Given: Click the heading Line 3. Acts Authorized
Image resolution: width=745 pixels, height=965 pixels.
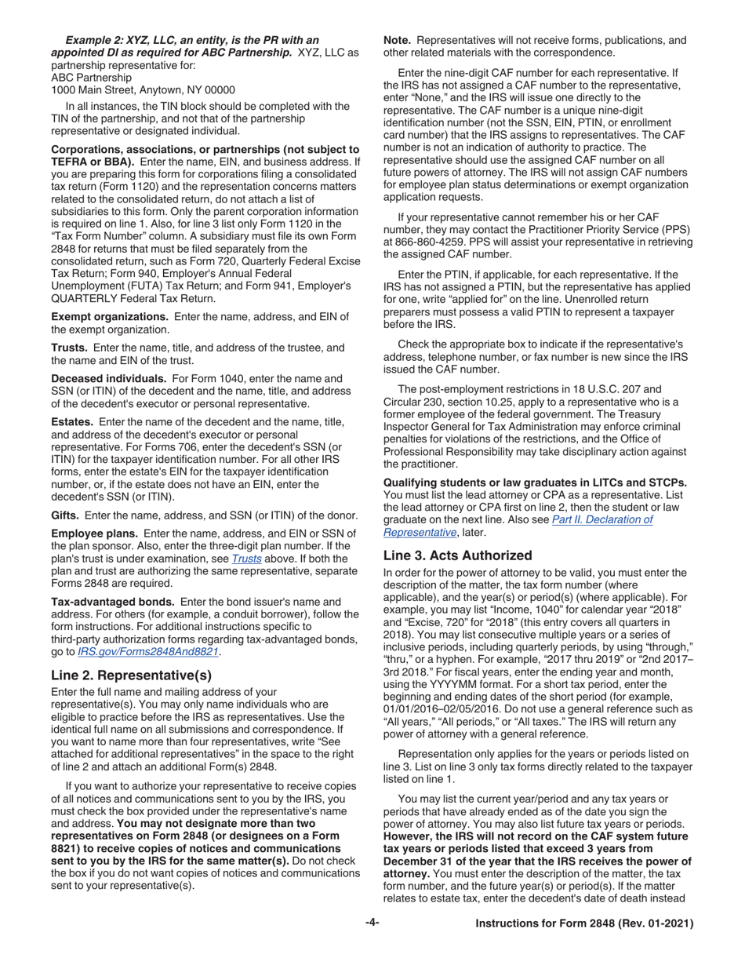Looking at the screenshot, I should (x=458, y=555).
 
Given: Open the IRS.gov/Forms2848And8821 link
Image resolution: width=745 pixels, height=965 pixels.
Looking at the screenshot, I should (x=149, y=652).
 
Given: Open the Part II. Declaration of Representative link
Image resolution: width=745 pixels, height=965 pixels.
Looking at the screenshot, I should (x=518, y=525).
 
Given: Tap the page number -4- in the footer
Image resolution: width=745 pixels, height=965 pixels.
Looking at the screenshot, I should (x=372, y=924).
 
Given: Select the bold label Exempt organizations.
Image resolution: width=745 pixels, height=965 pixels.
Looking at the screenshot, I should (x=110, y=316).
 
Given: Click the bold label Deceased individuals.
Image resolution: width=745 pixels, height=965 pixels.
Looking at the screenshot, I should (x=108, y=378).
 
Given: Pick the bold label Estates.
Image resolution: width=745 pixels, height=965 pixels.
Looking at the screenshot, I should (x=72, y=421).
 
